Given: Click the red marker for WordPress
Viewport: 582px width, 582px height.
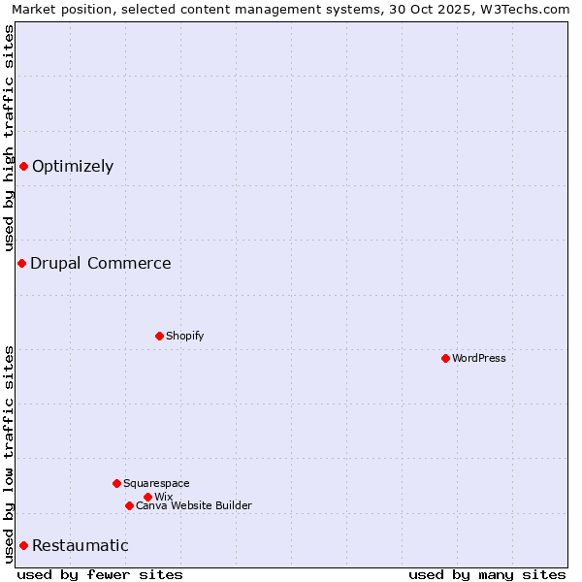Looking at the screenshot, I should coord(445,358).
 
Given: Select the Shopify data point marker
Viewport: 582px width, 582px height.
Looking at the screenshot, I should coord(159,336).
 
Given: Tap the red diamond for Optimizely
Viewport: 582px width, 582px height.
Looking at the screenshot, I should coord(23,166).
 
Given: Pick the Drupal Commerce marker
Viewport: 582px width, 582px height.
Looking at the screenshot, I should coord(21,263).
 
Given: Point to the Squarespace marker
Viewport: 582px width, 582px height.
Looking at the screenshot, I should coord(116,483).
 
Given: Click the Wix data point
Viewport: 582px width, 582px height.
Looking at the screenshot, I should coord(147,497).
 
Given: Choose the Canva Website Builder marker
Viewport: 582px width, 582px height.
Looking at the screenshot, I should coord(129,505).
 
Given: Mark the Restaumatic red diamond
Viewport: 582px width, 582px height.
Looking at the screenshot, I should coord(23,545).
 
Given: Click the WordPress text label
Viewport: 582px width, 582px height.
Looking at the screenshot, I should coord(479,358).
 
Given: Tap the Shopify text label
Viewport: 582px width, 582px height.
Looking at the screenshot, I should coord(185,336).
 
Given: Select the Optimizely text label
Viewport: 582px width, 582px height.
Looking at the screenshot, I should coord(73,166).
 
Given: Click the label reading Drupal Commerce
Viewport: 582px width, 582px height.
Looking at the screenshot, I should coord(101,263).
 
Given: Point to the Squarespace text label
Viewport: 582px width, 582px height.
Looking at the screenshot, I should coord(157,483).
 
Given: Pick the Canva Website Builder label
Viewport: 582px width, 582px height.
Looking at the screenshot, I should coord(194,505).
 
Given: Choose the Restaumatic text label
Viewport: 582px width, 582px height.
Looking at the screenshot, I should coord(81,545).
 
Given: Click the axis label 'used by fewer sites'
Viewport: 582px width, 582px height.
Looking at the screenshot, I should coord(100,574).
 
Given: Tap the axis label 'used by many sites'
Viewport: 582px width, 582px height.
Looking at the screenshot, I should coord(487,574).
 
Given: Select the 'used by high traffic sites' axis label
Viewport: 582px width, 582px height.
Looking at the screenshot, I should coord(9,139).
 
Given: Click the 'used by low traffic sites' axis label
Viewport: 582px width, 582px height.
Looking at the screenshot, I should coord(9,454).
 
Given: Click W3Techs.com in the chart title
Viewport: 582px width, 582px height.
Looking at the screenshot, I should coord(521,9).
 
